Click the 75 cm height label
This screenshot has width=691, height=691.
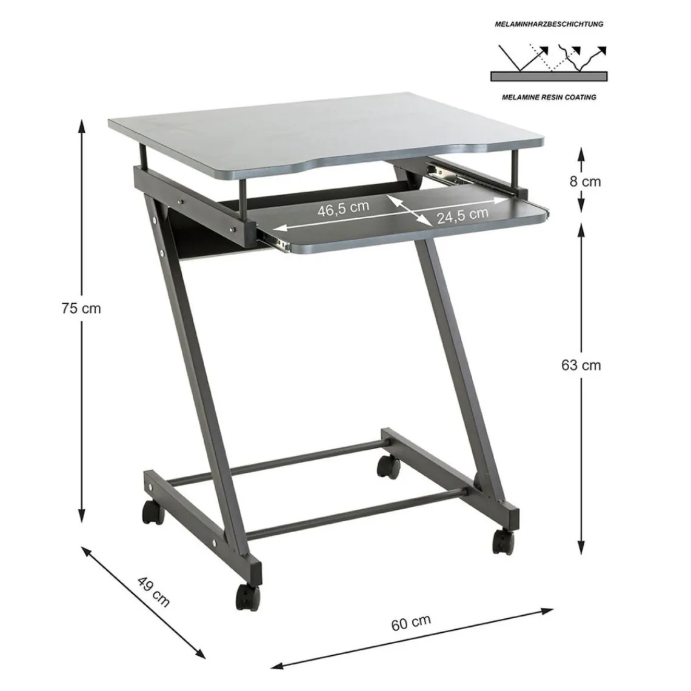pyautogui.click(x=81, y=308)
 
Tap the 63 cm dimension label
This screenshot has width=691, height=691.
pyautogui.click(x=581, y=365)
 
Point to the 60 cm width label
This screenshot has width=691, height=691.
pyautogui.click(x=411, y=622)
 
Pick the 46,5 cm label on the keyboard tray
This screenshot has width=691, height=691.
pyautogui.click(x=343, y=207)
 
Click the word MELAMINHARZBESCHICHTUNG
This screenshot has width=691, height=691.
pyautogui.click(x=548, y=25)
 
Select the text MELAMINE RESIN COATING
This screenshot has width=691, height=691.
pyautogui.click(x=549, y=97)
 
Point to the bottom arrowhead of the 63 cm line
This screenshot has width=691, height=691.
pyautogui.click(x=581, y=549)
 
